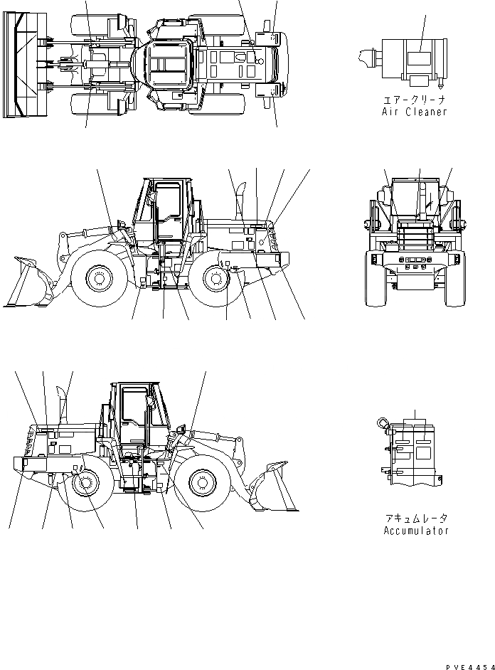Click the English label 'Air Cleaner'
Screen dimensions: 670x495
click(x=413, y=112)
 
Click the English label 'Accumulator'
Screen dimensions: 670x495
click(x=416, y=531)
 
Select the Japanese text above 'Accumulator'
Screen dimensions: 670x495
click(x=416, y=519)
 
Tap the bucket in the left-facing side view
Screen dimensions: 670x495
click(x=28, y=282)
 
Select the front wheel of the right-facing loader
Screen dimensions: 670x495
click(x=201, y=484)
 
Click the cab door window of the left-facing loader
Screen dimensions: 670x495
click(x=169, y=203)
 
